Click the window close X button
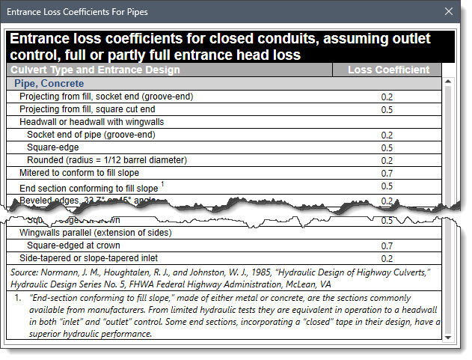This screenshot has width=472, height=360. [449, 11]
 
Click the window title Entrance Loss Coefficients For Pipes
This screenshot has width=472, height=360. [79, 11]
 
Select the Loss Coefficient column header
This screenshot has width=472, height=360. [389, 70]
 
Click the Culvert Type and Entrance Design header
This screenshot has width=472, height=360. [95, 70]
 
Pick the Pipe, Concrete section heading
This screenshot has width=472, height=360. [49, 84]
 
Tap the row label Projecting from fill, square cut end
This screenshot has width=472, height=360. [88, 109]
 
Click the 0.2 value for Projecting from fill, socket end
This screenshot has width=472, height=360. [387, 97]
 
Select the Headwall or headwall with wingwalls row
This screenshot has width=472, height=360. [91, 122]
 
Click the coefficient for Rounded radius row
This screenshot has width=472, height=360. [387, 160]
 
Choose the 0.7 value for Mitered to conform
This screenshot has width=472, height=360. [387, 173]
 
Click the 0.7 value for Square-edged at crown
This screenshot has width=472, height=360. [387, 245]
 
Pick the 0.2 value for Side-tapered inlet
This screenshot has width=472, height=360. [387, 258]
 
